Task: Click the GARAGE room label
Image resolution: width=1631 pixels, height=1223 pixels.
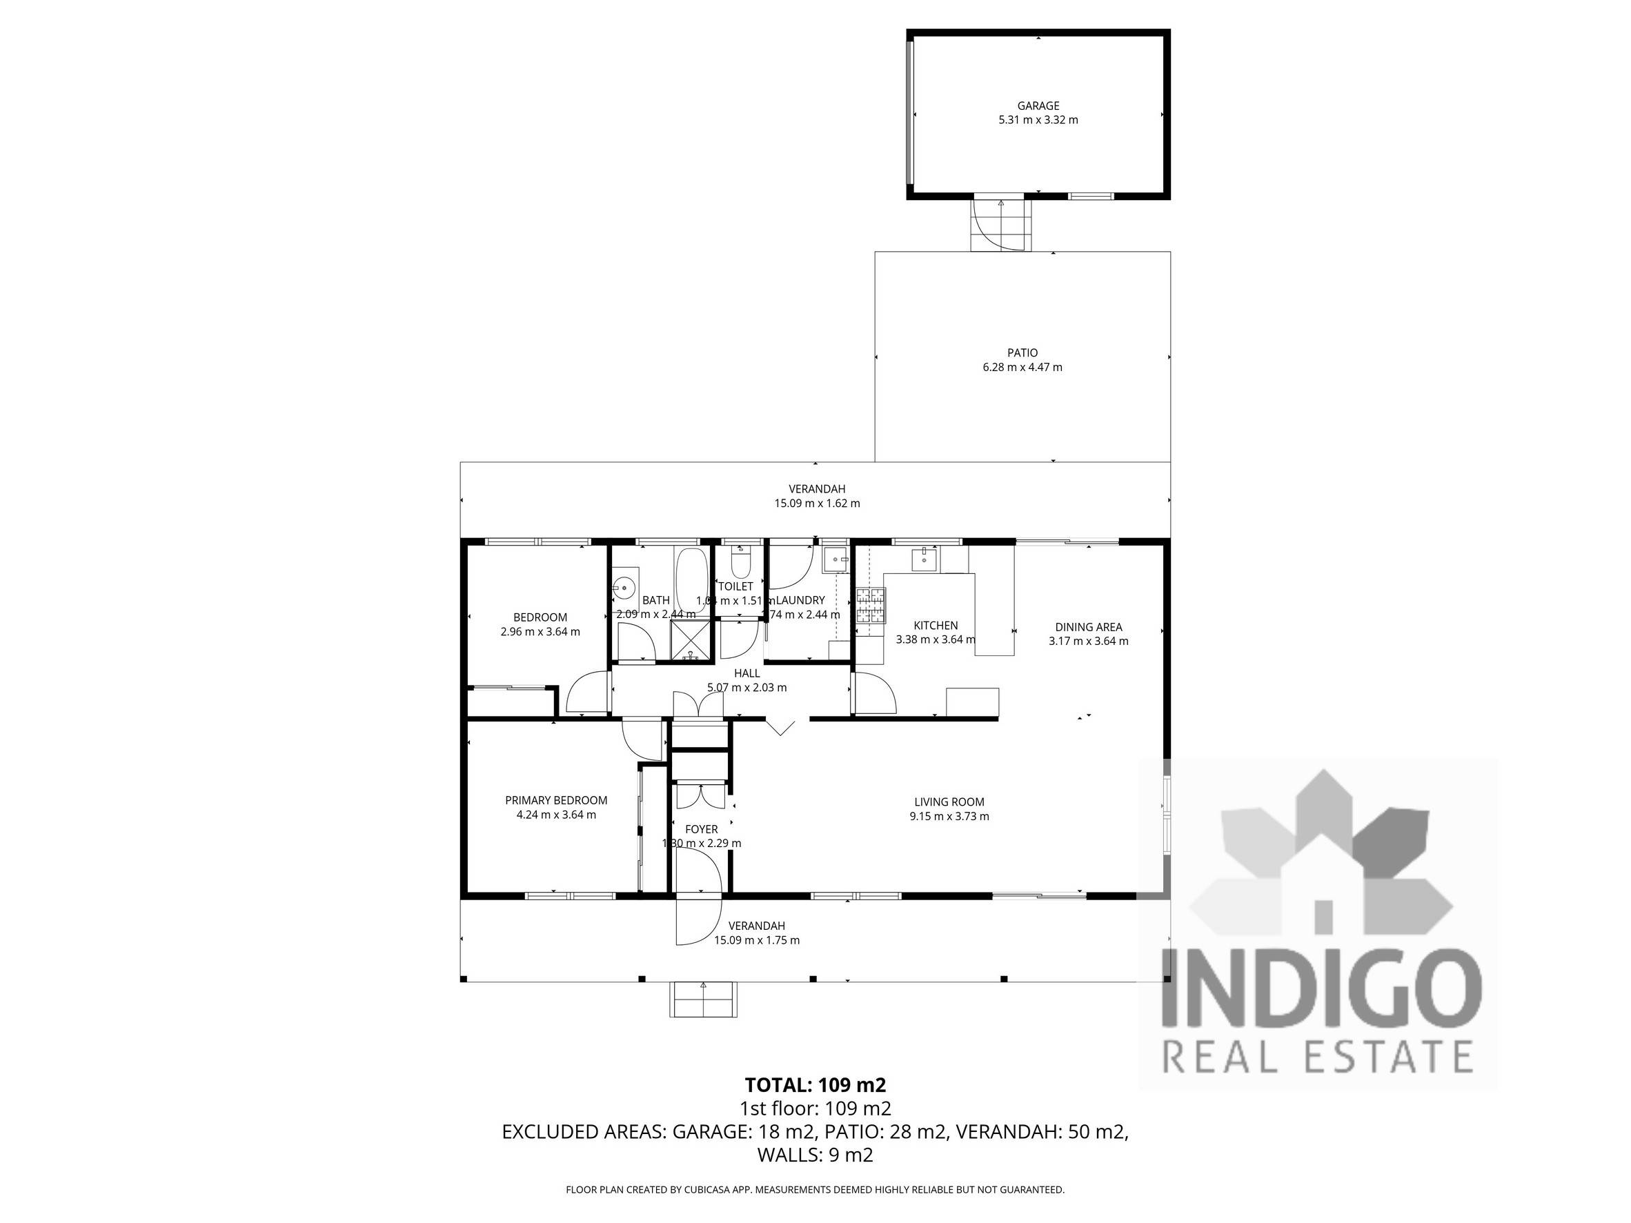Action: (x=1038, y=106)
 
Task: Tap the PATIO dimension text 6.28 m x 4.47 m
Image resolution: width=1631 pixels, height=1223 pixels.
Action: (x=1022, y=367)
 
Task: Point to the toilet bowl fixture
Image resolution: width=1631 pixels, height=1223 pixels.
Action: (x=740, y=565)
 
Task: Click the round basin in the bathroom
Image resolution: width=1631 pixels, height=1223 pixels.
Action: (x=624, y=588)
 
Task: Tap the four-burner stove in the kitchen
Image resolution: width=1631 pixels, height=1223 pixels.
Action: (x=870, y=605)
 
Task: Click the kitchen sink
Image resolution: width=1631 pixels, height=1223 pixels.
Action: (x=923, y=560)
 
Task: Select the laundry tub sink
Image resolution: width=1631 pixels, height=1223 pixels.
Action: (x=836, y=560)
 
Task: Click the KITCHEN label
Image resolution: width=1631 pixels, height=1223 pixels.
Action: (x=936, y=626)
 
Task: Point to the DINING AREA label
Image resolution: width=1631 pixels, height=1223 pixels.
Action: (x=1088, y=627)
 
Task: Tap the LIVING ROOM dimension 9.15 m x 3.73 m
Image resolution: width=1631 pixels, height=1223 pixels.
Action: (x=949, y=816)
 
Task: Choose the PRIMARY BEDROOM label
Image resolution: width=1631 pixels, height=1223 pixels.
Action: (x=556, y=801)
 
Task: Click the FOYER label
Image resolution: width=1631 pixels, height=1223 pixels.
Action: (x=701, y=829)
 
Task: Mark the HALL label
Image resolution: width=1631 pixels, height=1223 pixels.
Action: (x=747, y=673)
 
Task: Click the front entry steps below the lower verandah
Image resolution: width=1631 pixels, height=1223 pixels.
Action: (x=702, y=1000)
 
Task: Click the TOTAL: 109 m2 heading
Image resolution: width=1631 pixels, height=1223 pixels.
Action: (x=815, y=1085)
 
